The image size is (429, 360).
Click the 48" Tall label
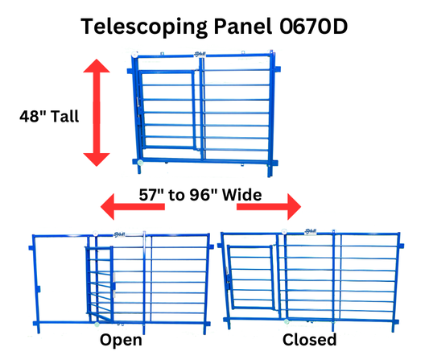(x=49, y=116)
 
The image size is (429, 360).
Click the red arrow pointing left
(x=130, y=207)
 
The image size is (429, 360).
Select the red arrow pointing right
(x=268, y=207)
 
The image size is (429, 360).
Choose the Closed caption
(x=309, y=341)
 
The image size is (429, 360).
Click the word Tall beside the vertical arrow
(x=63, y=116)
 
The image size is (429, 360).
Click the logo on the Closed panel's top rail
(x=311, y=232)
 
